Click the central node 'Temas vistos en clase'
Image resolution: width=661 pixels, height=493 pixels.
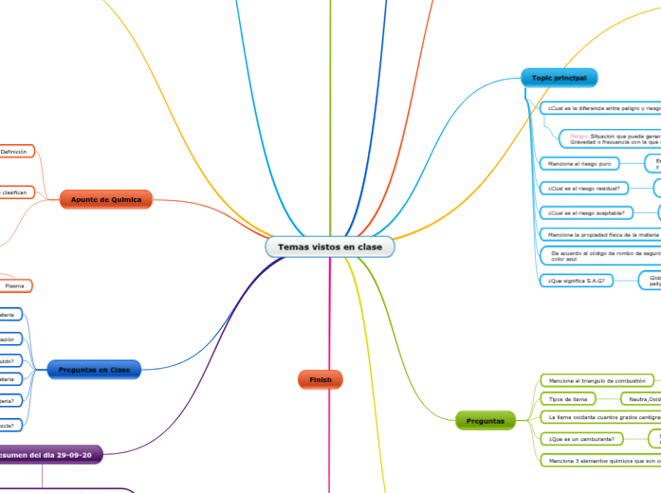coord(330,246)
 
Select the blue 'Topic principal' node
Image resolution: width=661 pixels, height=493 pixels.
coord(559,78)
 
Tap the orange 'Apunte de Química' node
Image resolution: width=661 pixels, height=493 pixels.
coord(106,199)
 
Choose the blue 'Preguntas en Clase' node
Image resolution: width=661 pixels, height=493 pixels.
coord(94,369)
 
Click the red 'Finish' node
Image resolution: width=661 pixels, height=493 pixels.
coord(320,379)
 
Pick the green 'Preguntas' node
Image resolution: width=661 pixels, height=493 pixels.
coord(486,419)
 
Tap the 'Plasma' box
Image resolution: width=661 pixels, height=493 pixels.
coord(16,285)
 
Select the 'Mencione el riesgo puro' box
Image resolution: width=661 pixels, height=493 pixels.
coord(578,164)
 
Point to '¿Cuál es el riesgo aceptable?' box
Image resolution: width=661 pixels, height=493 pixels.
coord(587,211)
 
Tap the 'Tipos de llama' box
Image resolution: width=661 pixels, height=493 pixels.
coord(567,399)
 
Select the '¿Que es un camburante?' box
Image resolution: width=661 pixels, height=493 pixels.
coord(580,439)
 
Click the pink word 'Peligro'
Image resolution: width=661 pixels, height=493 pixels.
coord(579,137)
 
